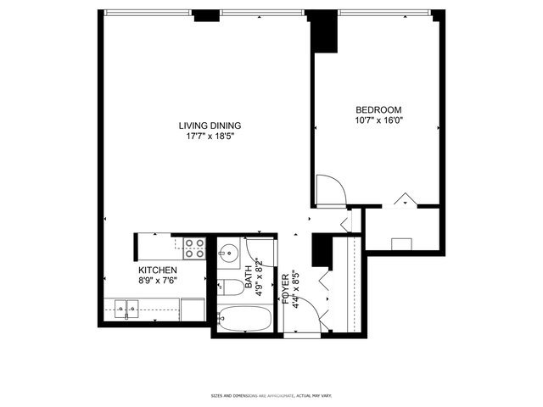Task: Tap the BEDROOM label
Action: coord(378,110)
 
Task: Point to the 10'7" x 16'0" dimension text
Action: coord(378,121)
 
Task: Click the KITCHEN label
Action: coord(158,270)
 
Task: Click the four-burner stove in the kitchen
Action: coord(194,248)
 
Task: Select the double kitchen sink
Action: coord(126,309)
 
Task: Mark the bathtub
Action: coord(244,321)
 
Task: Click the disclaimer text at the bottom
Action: coord(271,395)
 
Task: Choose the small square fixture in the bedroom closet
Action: coord(401,244)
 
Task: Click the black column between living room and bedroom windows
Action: coord(322,31)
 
